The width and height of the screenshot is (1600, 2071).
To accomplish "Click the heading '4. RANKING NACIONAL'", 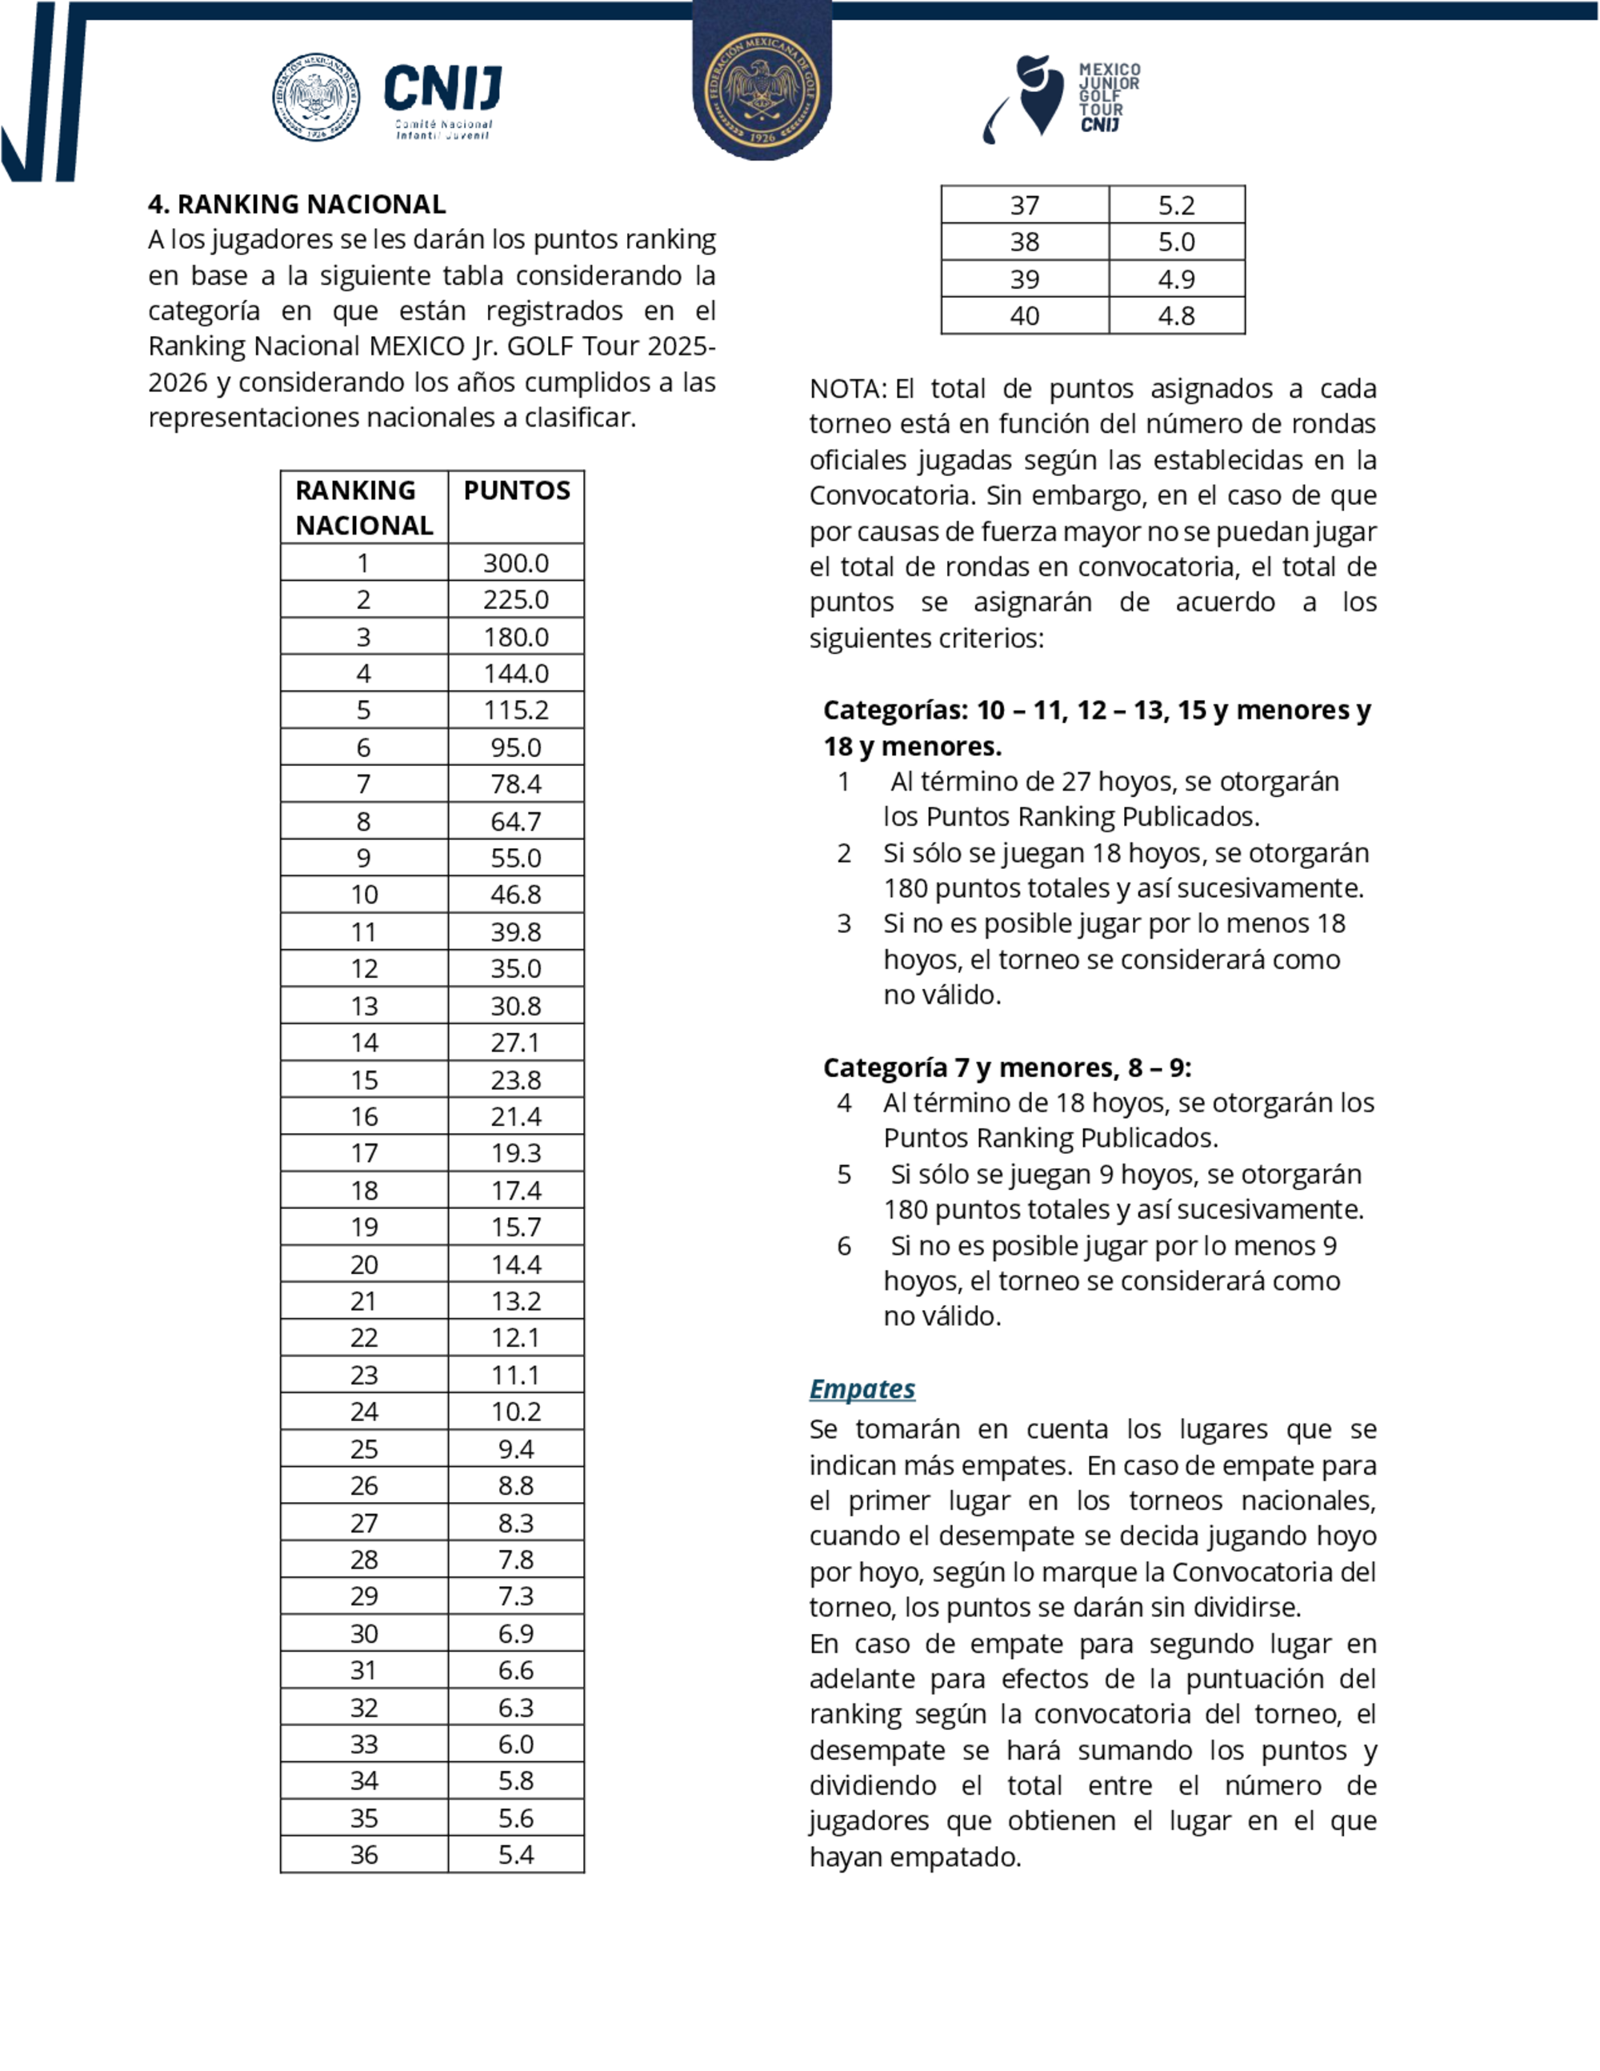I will (297, 204).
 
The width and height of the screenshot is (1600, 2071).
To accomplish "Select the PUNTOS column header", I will (517, 491).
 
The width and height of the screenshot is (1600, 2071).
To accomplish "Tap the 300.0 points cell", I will (516, 563).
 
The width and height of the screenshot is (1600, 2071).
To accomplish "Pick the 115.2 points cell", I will (516, 711).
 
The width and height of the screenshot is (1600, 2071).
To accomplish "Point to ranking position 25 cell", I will (364, 1449).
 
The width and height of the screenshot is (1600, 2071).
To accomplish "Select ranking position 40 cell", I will (1025, 316).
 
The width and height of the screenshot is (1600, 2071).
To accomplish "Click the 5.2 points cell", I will (1176, 205).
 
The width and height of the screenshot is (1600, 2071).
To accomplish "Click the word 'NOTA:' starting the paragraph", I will (847, 389).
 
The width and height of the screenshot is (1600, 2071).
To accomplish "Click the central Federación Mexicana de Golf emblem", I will (762, 90).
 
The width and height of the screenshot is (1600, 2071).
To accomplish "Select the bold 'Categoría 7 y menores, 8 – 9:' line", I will (1006, 1068).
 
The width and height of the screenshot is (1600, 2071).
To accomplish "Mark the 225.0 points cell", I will (516, 599).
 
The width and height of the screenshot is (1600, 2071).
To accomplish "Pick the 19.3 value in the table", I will (516, 1153).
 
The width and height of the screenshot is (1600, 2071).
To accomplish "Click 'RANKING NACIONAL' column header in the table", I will (364, 507).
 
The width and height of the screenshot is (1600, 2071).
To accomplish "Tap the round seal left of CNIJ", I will (316, 97).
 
